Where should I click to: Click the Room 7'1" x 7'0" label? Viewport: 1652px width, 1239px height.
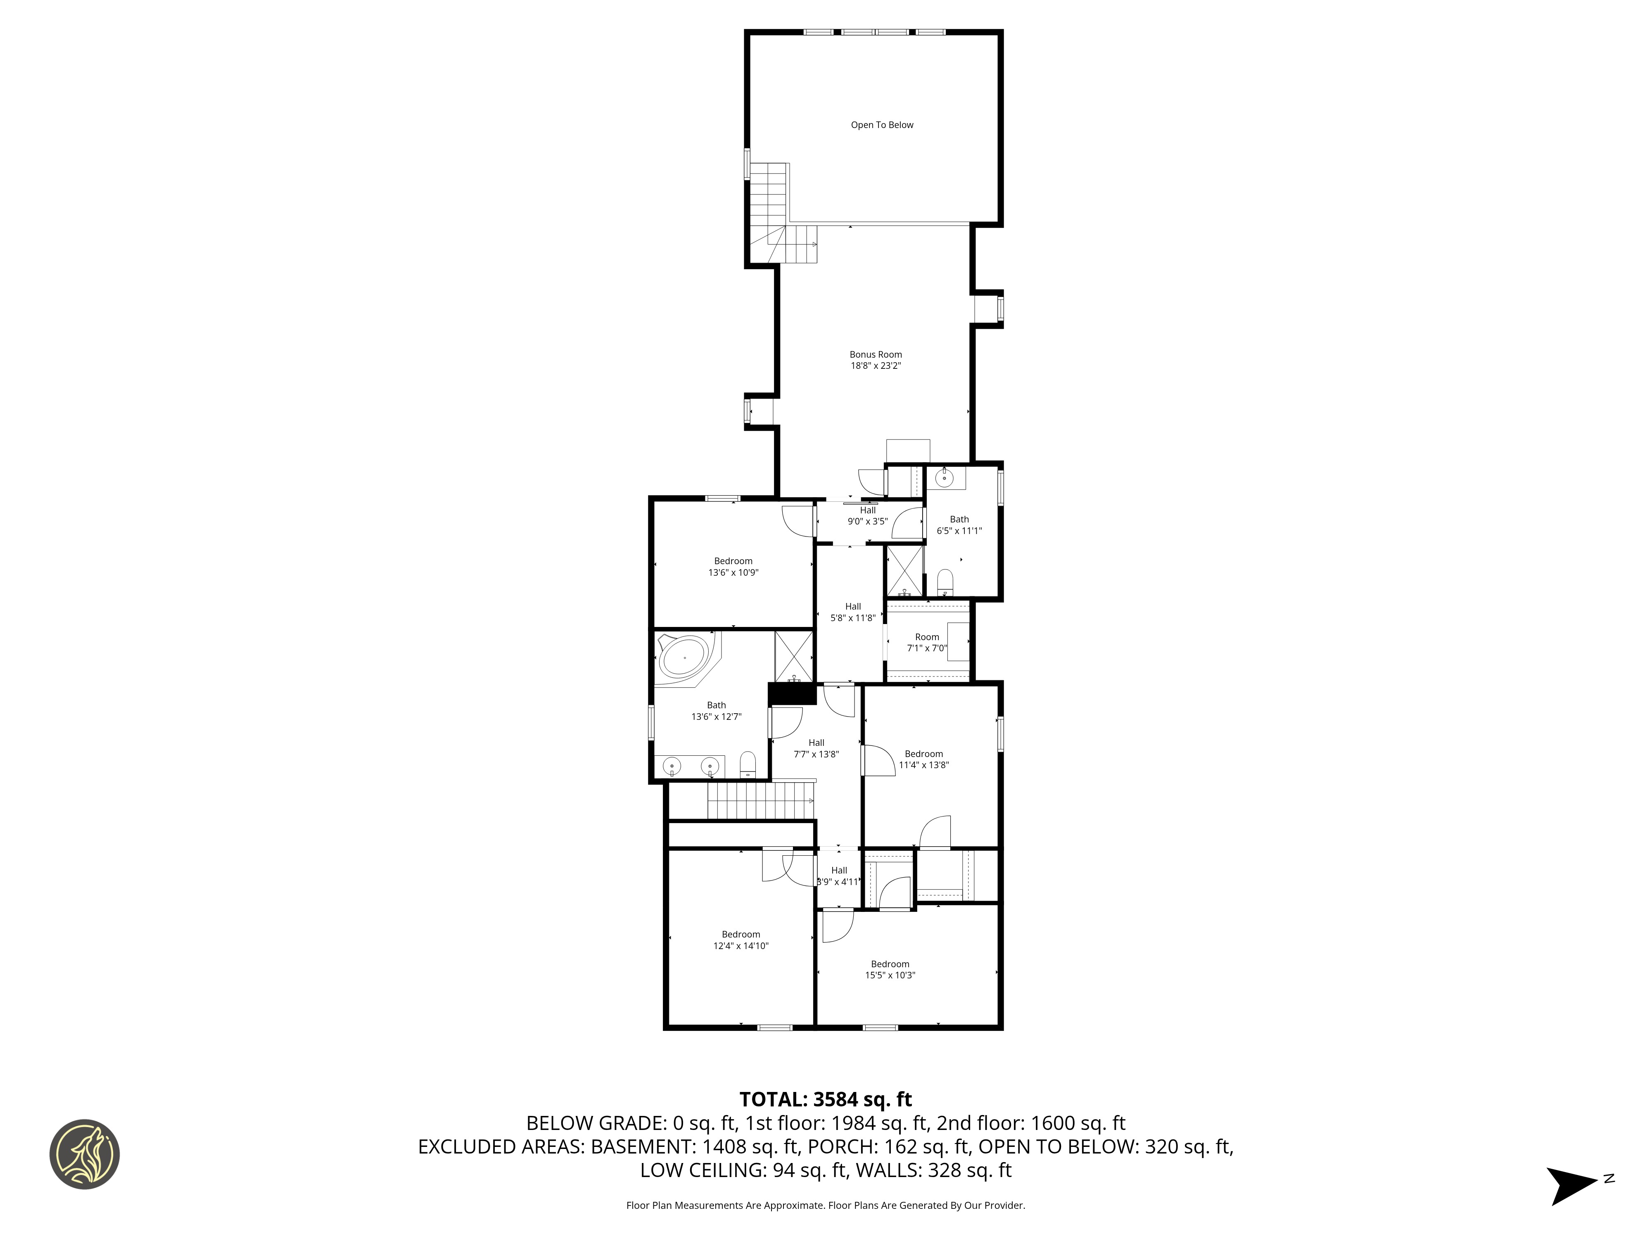tap(927, 642)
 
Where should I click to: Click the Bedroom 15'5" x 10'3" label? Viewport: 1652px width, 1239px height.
tap(890, 969)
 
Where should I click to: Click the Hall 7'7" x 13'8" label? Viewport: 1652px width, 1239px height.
tap(816, 748)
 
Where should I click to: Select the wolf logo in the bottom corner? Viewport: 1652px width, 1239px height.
tap(84, 1154)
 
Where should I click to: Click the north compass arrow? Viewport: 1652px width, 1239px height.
tap(1573, 1185)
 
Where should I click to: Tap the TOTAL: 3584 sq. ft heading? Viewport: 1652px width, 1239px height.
tap(825, 1099)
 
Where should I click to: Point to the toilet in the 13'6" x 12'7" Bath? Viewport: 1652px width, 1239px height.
tap(748, 763)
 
